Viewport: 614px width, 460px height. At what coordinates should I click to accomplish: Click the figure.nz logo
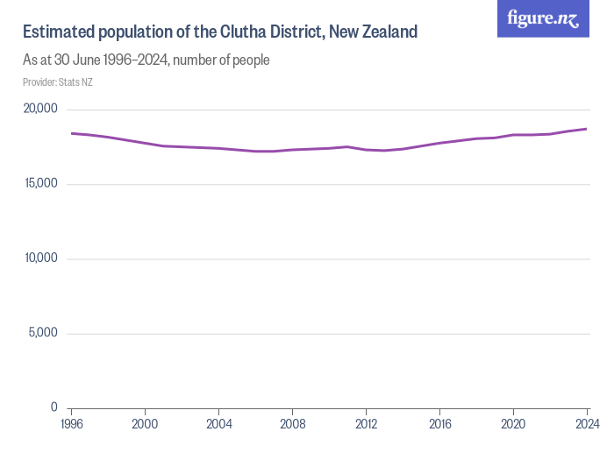[x=543, y=18]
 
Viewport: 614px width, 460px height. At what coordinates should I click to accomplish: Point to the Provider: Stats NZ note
[x=58, y=82]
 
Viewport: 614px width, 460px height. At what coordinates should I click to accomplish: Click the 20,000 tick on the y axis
[x=39, y=109]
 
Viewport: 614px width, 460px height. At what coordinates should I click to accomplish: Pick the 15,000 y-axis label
[x=39, y=183]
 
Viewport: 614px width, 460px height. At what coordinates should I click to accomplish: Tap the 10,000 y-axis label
[x=39, y=258]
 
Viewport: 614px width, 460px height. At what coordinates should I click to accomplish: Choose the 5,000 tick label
[x=42, y=333]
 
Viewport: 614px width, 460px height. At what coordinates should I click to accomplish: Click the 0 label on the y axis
[x=54, y=407]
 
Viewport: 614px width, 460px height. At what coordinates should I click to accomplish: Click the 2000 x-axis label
[x=145, y=424]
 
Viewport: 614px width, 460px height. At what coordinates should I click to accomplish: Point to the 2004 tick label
[x=218, y=424]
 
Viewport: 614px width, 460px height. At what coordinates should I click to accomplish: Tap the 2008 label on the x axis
[x=292, y=424]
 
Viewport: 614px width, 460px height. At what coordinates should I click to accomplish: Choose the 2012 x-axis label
[x=366, y=424]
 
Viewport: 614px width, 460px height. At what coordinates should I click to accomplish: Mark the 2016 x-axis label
[x=439, y=424]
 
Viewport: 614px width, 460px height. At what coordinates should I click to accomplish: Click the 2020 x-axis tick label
[x=513, y=424]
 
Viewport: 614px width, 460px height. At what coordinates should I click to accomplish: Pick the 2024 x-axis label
[x=586, y=424]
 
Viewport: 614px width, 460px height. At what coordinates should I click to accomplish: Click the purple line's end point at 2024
[x=587, y=129]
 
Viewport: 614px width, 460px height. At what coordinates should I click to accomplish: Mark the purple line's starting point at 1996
[x=71, y=133]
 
